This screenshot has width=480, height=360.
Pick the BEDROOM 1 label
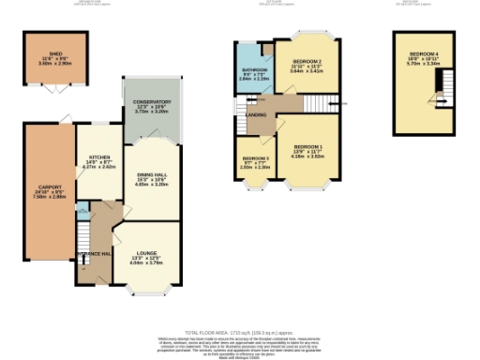pyautogui.click(x=308, y=147)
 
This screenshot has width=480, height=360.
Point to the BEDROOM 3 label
pyautogui.click(x=255, y=159)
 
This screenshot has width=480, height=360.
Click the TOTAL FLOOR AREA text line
pyautogui.click(x=239, y=333)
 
